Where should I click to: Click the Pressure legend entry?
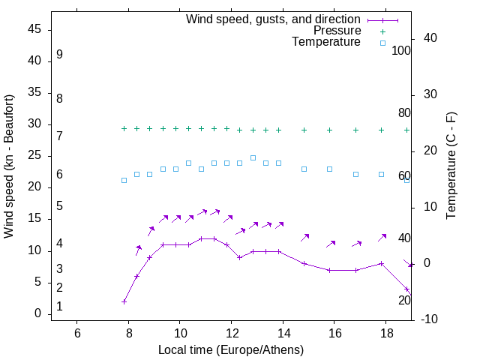pyautogui.click(x=337, y=31)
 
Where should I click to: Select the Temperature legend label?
pyautogui.click(x=326, y=43)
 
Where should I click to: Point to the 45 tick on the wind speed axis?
pyautogui.click(x=34, y=29)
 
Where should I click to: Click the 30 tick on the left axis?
pyautogui.click(x=34, y=124)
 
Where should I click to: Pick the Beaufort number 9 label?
pyautogui.click(x=59, y=55)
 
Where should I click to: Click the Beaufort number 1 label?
pyautogui.click(x=59, y=307)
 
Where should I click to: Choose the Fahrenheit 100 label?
pyautogui.click(x=401, y=51)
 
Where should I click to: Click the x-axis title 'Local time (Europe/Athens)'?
pyautogui.click(x=231, y=350)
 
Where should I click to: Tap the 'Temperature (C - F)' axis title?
pyautogui.click(x=451, y=166)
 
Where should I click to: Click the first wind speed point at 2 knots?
pyautogui.click(x=124, y=301)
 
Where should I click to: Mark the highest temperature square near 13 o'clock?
pyautogui.click(x=253, y=157)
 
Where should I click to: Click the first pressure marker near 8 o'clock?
pyautogui.click(x=124, y=129)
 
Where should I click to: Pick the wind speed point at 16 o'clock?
pyautogui.click(x=330, y=270)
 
